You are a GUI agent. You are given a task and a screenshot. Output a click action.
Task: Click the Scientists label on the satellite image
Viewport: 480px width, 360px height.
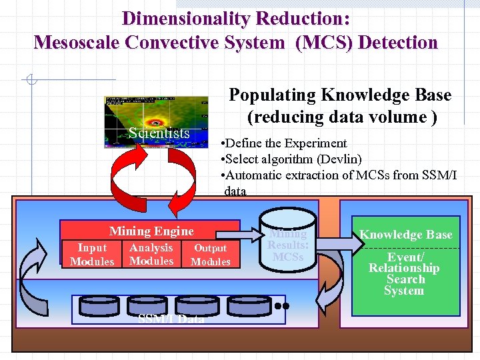point(159,133)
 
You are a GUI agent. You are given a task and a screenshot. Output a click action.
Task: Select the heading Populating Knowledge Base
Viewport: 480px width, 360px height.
point(340,95)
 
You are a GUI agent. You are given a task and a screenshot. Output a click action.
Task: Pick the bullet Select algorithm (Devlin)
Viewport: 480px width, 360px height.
point(291,159)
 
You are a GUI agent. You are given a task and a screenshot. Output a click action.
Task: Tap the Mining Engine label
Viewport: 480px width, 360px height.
point(151,231)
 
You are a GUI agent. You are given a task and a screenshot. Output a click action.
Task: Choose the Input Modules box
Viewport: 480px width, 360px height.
point(92,255)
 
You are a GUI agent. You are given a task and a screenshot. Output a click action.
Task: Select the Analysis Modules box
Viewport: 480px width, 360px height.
point(151,254)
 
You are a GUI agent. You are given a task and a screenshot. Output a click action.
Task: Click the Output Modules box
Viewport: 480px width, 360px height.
point(211,255)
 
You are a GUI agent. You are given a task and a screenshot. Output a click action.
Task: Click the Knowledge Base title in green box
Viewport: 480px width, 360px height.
point(406,235)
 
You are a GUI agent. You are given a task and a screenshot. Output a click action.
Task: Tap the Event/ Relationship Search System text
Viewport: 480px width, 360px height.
point(405,274)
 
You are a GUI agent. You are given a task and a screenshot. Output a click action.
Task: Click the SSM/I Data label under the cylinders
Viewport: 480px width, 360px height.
point(171,319)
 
